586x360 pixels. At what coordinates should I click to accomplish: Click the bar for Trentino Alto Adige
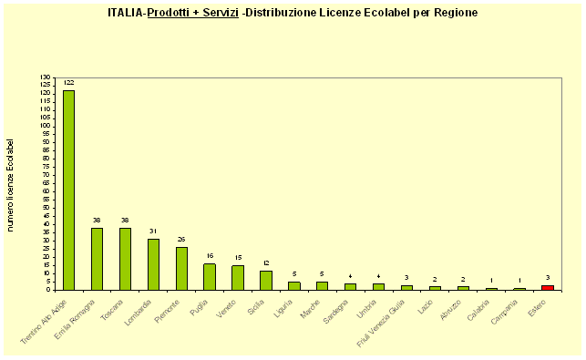[x=68, y=190]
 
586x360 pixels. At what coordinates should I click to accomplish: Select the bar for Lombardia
[x=153, y=264]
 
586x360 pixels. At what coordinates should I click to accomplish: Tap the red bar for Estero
[x=547, y=287]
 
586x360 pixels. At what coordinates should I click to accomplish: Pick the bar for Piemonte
[x=181, y=268]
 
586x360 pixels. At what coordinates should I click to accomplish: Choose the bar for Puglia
[x=210, y=276]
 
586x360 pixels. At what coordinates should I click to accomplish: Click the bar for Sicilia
[x=266, y=280]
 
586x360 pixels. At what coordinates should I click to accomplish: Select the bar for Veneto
[x=238, y=277]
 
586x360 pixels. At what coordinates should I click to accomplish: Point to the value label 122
[x=68, y=83]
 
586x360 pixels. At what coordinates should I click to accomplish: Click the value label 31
[x=153, y=231]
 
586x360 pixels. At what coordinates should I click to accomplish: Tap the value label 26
[x=181, y=239]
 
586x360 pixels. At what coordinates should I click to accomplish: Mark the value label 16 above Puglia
[x=210, y=256]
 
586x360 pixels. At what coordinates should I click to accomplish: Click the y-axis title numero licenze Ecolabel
[x=11, y=184]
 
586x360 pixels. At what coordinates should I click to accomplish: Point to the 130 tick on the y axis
[x=46, y=77]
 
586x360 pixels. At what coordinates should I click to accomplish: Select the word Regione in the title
[x=453, y=13]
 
